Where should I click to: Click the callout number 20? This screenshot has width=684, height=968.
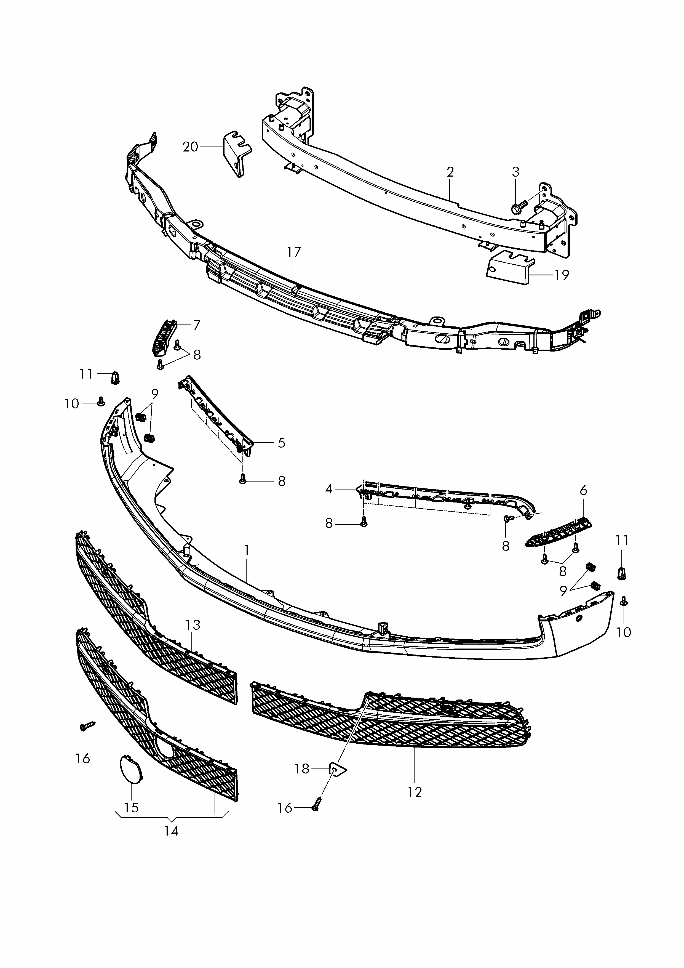191,147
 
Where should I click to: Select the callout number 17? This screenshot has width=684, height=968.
294,252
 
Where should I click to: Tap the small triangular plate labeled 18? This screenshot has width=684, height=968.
338,770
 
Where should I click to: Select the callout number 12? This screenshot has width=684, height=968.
415,792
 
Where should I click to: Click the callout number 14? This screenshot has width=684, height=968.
171,831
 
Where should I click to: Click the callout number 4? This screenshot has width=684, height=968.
329,489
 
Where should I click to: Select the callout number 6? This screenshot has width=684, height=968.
583,490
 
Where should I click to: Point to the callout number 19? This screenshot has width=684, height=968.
562,275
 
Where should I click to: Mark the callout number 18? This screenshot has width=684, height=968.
302,769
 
